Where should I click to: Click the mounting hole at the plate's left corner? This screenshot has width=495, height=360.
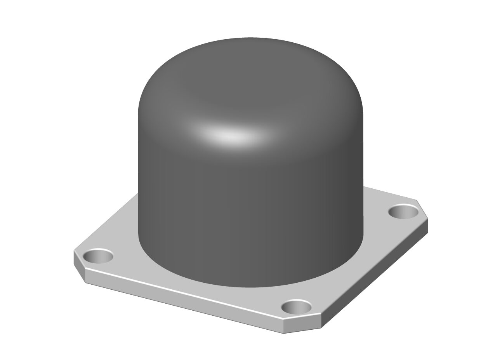[x=98, y=256]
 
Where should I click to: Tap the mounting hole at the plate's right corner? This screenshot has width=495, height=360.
[x=403, y=212]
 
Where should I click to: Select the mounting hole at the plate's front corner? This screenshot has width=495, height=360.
[x=296, y=308]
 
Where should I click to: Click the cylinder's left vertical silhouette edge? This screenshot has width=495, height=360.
[x=138, y=175]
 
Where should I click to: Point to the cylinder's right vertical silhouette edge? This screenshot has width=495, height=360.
[x=363, y=175]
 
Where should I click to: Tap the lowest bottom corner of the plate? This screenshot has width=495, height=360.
[x=283, y=333]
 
